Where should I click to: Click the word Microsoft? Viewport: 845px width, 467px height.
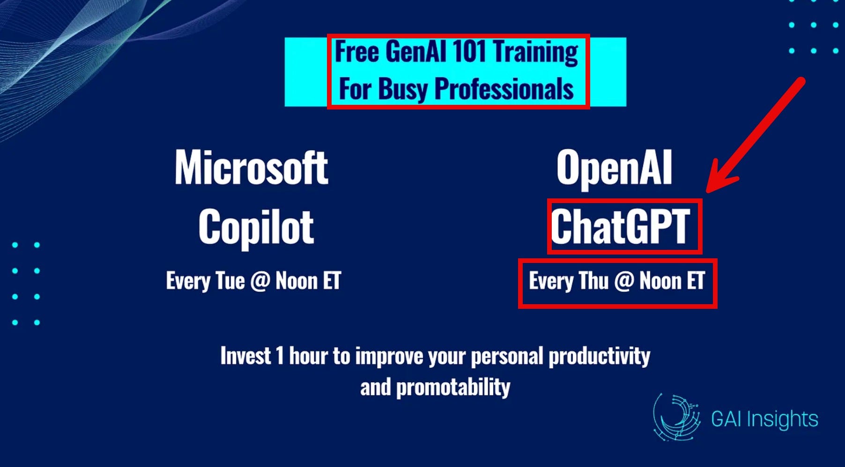[252, 168]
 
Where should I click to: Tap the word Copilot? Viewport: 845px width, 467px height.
[256, 227]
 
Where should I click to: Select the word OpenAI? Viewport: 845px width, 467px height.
[615, 168]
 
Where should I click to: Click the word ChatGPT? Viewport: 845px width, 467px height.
[620, 226]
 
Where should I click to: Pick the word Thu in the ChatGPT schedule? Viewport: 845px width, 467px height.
[593, 281]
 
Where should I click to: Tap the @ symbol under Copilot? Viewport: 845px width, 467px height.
[260, 281]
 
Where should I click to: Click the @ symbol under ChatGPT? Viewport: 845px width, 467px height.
[624, 281]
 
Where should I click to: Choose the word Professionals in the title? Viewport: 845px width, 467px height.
[504, 88]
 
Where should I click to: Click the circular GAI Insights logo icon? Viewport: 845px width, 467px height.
[676, 417]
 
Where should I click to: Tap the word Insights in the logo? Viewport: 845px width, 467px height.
[782, 419]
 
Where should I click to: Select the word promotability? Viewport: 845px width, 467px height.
[453, 387]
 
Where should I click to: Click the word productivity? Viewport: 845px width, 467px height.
[600, 356]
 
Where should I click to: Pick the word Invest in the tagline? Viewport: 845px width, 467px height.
[245, 356]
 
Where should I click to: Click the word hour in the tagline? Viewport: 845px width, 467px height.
[308, 356]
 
